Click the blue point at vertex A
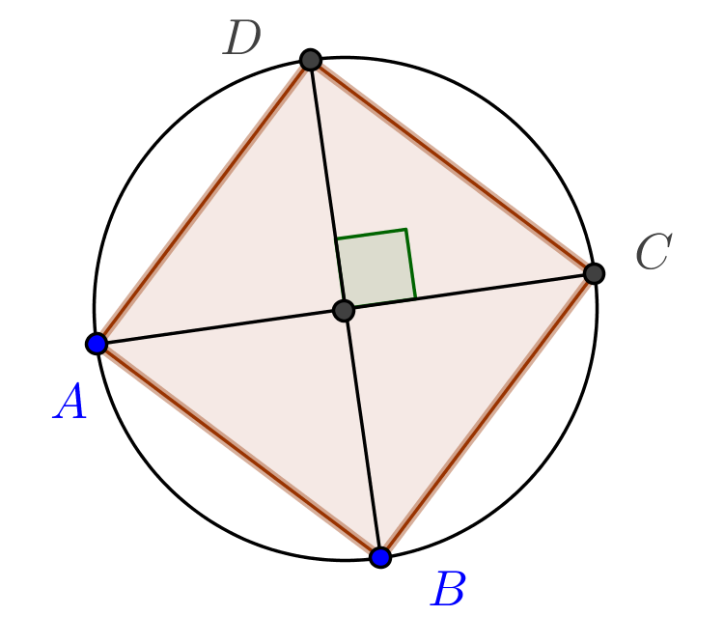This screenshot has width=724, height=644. tap(97, 344)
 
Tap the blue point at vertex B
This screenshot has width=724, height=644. tap(380, 557)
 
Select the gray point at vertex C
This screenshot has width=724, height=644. tap(594, 273)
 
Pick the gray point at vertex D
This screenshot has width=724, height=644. tap(310, 60)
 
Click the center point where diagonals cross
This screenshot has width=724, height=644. tap(344, 310)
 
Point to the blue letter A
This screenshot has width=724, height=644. tap(70, 401)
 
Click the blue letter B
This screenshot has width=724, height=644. tap(448, 588)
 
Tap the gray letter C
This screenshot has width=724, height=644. tap(654, 251)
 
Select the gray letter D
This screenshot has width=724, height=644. tap(242, 37)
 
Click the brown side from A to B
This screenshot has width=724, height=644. tap(238, 451)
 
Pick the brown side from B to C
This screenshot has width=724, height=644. tap(487, 415)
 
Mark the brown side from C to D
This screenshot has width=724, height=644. tap(452, 166)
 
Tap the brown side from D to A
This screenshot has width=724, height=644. tap(203, 202)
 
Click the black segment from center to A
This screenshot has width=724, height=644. tap(220, 327)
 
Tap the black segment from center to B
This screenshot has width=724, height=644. tap(362, 434)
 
